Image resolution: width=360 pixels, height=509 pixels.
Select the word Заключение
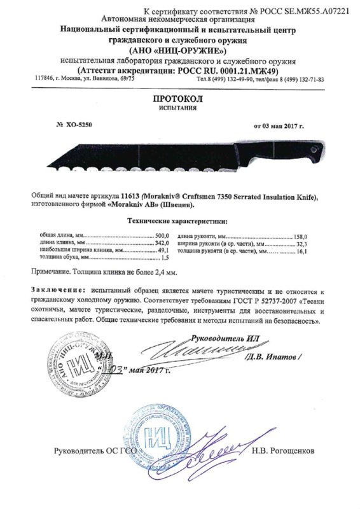(56, 289)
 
